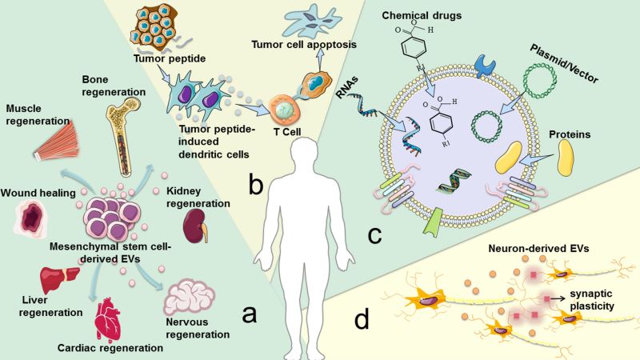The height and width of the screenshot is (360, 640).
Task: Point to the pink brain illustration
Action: point(190,302)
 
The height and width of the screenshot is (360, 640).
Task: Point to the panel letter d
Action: point(362,320)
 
